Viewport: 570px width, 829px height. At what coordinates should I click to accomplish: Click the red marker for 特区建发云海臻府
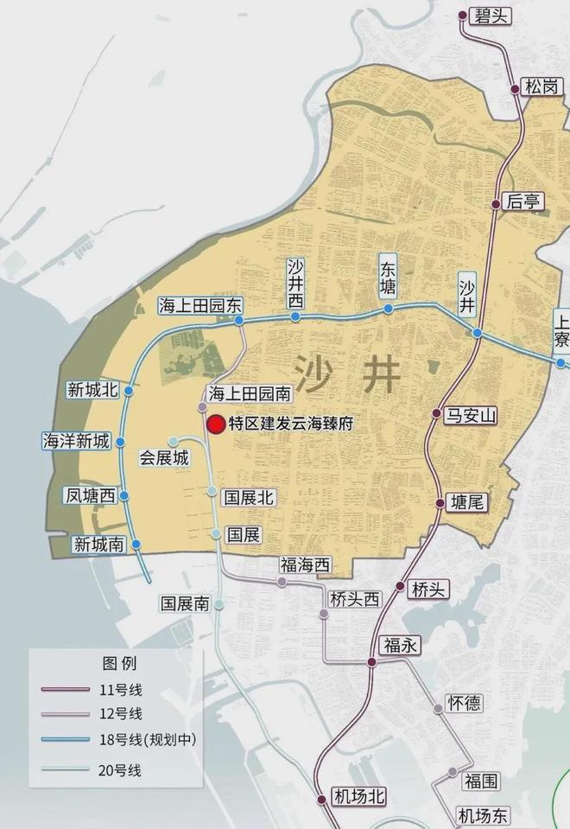click(x=216, y=424)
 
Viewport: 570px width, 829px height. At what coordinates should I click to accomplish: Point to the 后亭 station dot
click(x=496, y=204)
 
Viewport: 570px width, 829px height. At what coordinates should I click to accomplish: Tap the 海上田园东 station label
click(x=201, y=306)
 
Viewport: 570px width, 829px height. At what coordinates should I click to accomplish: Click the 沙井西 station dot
click(x=296, y=316)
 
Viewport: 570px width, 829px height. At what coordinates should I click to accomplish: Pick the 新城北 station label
click(x=92, y=390)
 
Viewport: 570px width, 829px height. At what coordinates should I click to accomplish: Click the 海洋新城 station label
click(x=77, y=441)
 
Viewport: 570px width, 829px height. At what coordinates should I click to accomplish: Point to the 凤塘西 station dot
click(x=124, y=496)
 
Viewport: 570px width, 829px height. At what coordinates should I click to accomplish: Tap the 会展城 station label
click(x=164, y=458)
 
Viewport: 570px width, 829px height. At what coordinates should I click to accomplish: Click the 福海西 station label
click(x=305, y=565)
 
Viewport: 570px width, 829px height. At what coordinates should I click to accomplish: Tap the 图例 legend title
click(x=119, y=664)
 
